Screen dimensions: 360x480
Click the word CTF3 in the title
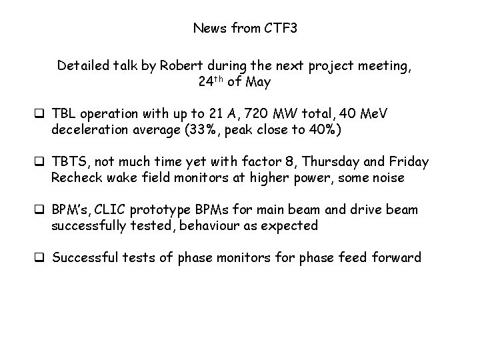[269, 28]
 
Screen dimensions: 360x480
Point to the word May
[259, 83]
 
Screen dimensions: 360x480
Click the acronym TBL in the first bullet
[64, 115]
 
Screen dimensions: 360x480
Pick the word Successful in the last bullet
[84, 257]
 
